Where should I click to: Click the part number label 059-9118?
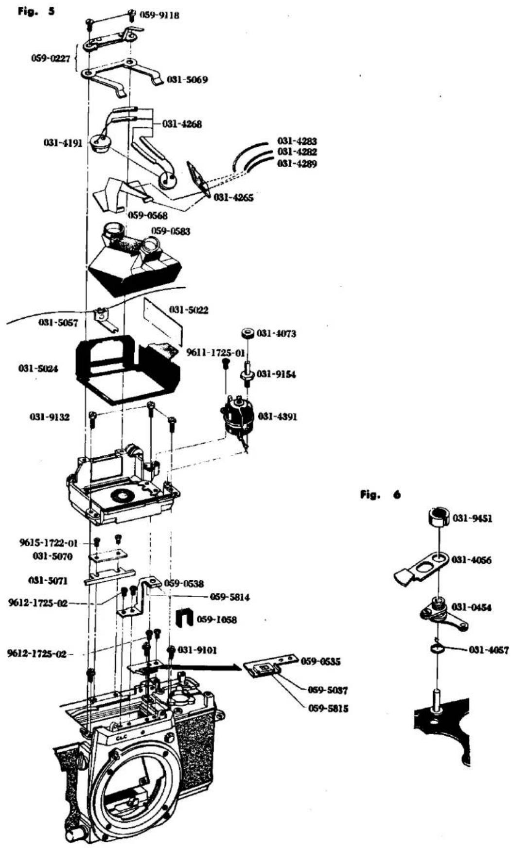(x=159, y=15)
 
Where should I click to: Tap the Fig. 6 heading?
(x=381, y=494)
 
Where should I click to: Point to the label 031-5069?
(x=187, y=79)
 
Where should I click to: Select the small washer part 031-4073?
(x=247, y=333)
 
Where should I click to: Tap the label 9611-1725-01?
(x=215, y=353)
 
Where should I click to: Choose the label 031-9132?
(x=50, y=417)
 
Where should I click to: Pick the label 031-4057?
(x=489, y=650)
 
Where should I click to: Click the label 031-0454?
(x=472, y=607)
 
